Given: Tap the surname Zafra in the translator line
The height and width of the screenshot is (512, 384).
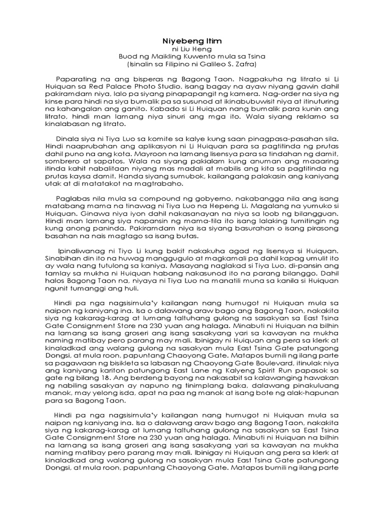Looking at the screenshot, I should [x=246, y=64].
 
